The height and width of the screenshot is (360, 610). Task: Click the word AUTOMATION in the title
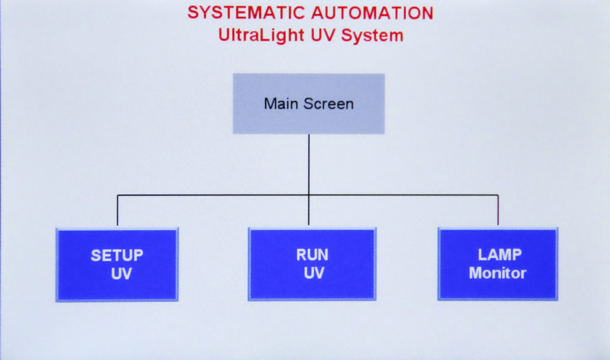click(372, 13)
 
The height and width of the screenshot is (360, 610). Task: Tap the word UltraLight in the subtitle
click(261, 35)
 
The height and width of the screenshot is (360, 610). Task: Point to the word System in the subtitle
click(372, 35)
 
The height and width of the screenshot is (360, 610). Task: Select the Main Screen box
click(309, 104)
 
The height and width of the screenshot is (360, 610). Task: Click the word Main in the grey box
click(282, 104)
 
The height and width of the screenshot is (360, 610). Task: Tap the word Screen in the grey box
click(329, 104)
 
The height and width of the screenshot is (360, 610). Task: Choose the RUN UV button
click(312, 264)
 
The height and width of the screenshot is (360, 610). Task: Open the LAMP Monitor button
click(498, 264)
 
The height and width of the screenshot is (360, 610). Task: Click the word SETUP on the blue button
click(117, 255)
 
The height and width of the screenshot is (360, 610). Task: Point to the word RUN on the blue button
click(312, 255)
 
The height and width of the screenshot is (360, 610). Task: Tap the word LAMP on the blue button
click(500, 255)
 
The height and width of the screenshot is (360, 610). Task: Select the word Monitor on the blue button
click(497, 273)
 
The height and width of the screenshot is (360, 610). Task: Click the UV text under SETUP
click(122, 274)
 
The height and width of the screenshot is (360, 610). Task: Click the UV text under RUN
click(314, 273)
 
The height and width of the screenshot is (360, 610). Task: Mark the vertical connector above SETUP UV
click(117, 210)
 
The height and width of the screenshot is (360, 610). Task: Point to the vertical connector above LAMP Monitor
click(498, 210)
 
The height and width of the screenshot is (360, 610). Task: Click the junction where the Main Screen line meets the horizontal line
click(309, 194)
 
